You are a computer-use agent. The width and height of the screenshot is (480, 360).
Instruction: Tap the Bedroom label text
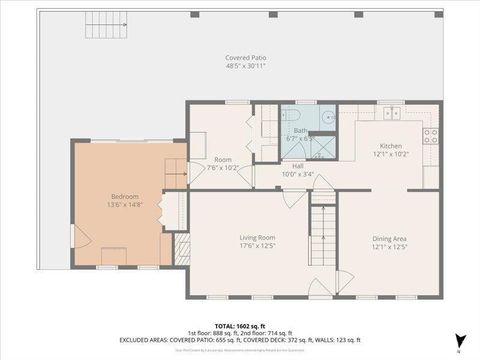pos(124,196)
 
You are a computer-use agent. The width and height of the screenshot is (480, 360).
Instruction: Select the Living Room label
pos(257,237)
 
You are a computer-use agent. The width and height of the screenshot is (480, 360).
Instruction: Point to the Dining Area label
pos(389,237)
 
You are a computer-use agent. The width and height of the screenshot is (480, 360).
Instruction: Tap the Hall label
pos(298,166)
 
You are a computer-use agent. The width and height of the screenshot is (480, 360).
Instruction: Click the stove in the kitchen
pos(431,136)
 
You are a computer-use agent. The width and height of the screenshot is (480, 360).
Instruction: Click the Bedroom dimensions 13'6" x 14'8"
pos(124,204)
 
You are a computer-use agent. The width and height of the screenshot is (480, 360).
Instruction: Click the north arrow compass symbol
pos(459,341)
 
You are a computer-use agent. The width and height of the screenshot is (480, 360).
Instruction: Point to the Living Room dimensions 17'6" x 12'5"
pos(257,245)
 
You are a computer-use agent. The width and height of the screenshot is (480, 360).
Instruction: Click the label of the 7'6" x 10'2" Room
pos(222,160)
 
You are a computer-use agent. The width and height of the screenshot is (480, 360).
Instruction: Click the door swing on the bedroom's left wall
pos(80,237)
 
